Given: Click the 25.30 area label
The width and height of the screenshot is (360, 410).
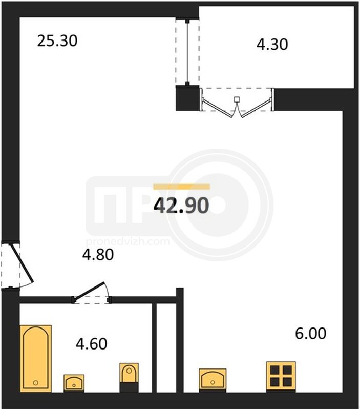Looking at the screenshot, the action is tap(57, 41).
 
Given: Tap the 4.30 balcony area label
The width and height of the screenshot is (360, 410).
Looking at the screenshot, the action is tap(272, 44).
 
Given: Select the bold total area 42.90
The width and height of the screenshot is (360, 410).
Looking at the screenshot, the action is tap(181, 206).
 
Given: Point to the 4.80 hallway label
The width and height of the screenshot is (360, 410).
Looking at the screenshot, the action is tap(98, 255).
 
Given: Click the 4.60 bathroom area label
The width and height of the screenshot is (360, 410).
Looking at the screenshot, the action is tap(92, 344).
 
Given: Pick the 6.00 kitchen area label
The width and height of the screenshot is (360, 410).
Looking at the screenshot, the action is tap(311, 334).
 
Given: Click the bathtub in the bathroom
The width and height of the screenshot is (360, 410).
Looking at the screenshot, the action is tap(36, 358).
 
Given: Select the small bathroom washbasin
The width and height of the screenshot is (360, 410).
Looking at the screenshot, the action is tap(74, 383).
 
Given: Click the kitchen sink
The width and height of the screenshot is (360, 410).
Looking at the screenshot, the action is tap(213, 380).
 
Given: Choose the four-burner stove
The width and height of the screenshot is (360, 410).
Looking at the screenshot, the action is tap(281, 377).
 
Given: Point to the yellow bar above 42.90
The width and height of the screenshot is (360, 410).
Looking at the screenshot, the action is tap(182, 187).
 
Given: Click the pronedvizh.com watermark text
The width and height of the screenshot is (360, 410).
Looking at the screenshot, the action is tap(128, 241).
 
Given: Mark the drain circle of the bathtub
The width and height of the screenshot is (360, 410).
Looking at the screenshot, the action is tap(36, 383).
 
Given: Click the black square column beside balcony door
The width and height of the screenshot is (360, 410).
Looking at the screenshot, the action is tap(187, 98).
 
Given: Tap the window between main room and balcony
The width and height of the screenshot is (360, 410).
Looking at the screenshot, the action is tap(187, 52).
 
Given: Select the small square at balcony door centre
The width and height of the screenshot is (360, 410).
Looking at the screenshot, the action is tap(237, 99).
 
